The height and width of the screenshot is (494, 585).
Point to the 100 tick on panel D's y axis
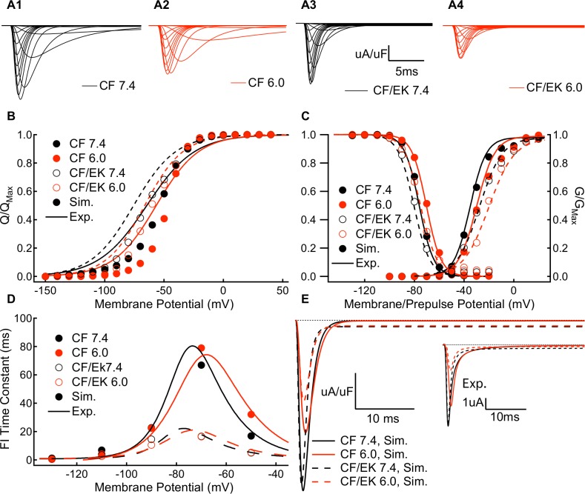point(28,318)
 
